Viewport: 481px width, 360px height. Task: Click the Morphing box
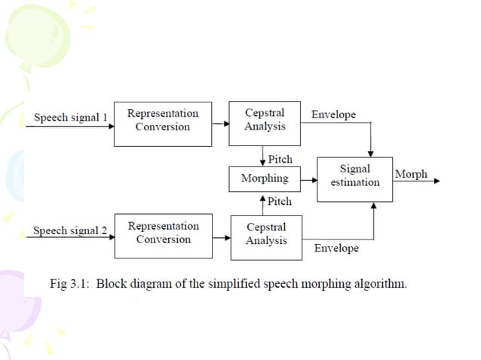(264, 179)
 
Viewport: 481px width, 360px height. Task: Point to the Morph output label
(411, 175)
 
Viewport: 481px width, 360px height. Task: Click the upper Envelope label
(333, 115)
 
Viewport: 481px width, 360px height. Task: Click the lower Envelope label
(336, 248)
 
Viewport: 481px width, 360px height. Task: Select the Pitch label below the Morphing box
(279, 202)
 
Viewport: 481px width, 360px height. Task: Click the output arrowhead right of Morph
(437, 181)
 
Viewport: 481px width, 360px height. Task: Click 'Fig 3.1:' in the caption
(69, 285)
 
